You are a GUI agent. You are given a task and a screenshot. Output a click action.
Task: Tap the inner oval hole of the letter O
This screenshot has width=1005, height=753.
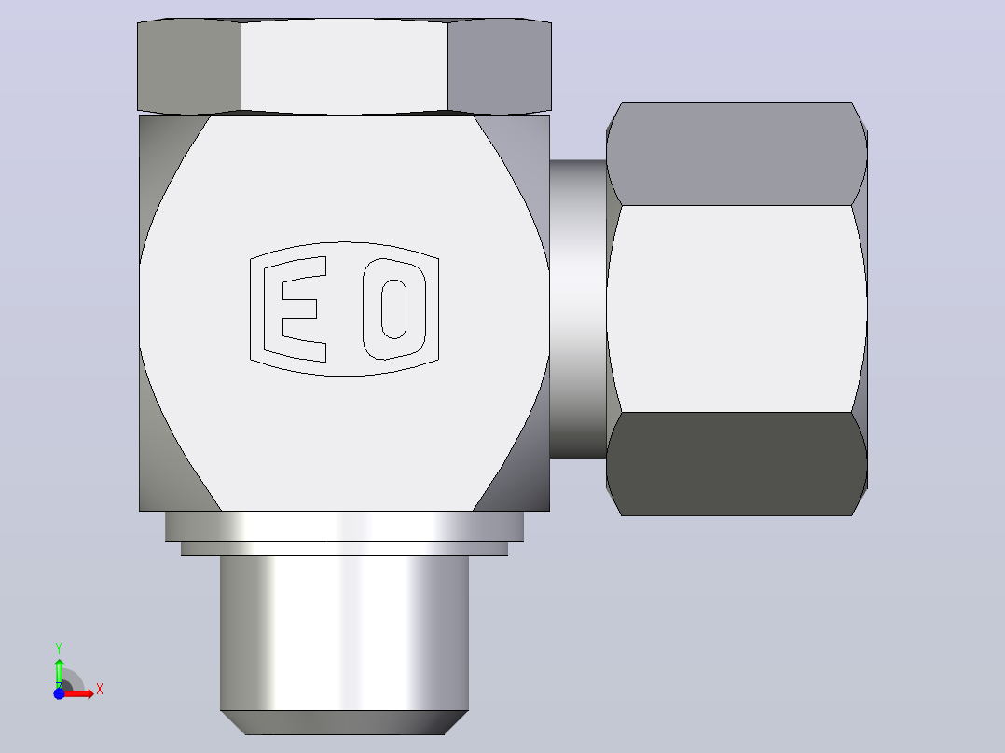tap(394, 308)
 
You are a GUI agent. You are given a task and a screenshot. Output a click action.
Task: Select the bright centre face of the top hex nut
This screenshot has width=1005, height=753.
tap(344, 66)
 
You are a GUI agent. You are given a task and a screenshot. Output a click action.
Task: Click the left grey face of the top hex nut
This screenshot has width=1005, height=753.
tap(189, 67)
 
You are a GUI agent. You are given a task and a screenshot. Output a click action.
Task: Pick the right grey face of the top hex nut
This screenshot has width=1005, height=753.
tap(500, 67)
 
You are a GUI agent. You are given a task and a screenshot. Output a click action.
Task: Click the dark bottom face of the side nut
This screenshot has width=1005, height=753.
tap(737, 463)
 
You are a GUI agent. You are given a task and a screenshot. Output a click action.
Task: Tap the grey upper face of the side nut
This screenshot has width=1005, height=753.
tap(737, 154)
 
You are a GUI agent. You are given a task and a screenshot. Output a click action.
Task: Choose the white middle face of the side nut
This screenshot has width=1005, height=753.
tap(737, 308)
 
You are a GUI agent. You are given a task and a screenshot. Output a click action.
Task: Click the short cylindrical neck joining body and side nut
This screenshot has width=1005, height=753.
tap(578, 308)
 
